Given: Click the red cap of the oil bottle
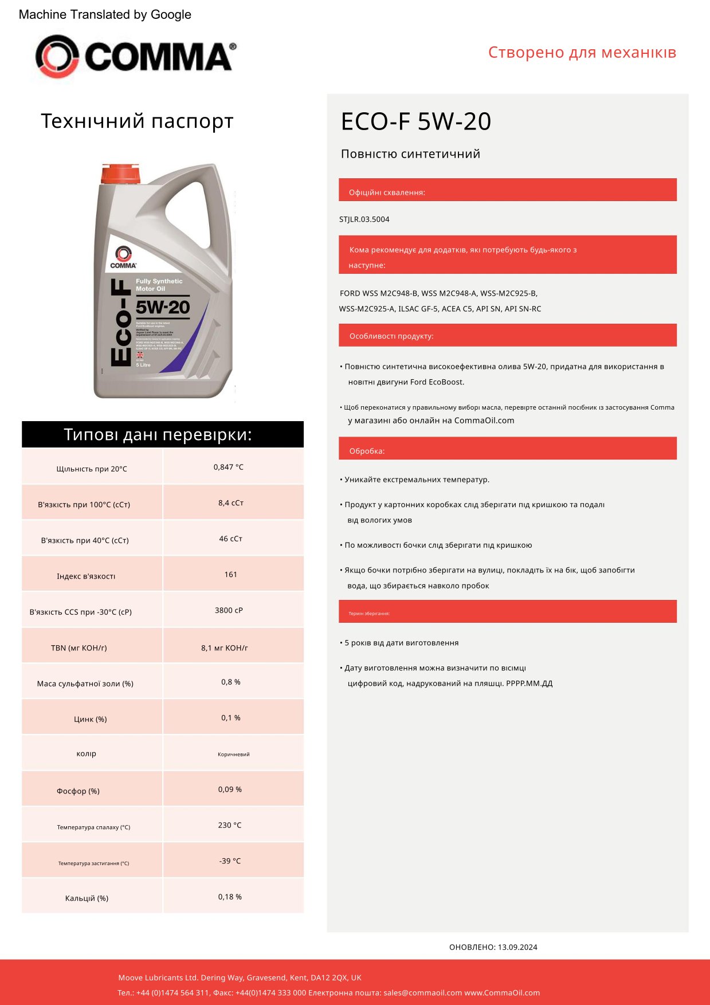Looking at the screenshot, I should tap(120, 174).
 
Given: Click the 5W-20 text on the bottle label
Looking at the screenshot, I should tap(163, 308).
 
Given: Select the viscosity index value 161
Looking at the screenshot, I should tap(230, 574).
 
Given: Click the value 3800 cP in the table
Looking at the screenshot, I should tap(229, 610).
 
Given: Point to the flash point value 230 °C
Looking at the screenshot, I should tap(229, 825).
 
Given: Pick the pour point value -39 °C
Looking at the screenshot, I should tap(230, 861).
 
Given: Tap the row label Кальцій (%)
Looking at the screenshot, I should tap(87, 898).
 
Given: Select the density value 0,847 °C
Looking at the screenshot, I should tap(228, 467).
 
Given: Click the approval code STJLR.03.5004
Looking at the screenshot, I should tap(364, 219).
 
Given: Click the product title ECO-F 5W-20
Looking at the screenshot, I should tap(416, 121).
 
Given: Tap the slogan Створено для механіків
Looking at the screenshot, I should tap(582, 53).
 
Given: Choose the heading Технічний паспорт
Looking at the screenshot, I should tap(137, 121).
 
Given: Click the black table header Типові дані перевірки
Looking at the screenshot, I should tap(163, 434).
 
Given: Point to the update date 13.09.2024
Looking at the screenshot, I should tap(517, 947).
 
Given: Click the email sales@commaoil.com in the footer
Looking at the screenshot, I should tap(422, 993).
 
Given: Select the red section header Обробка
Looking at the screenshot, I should tap(367, 451).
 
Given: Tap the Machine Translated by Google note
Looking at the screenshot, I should tap(105, 15).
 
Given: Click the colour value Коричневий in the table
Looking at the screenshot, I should tap(233, 755).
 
